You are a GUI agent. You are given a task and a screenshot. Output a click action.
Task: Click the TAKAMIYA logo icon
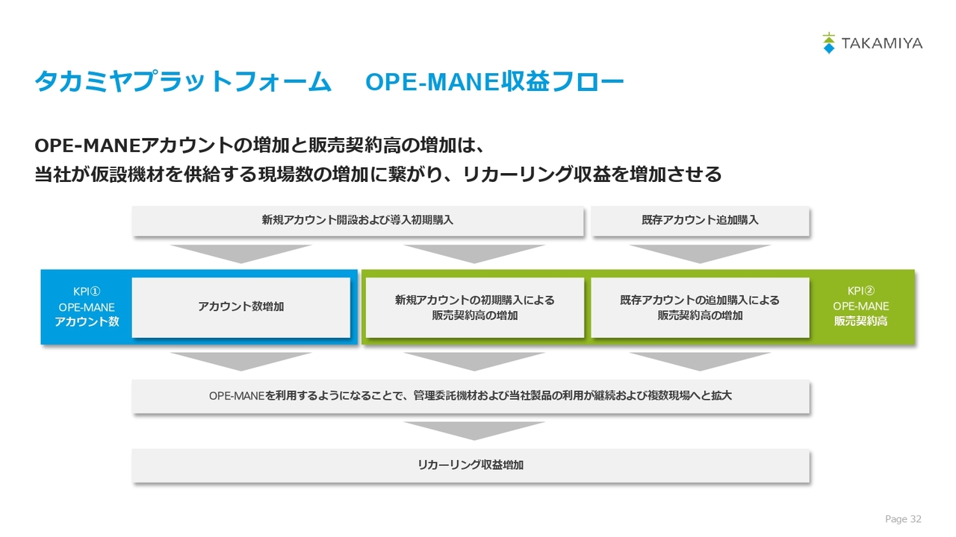tap(828, 43)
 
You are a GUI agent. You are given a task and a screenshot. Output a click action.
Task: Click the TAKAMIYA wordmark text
tap(882, 43)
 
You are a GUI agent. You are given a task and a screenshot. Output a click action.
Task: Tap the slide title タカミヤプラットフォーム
tap(183, 81)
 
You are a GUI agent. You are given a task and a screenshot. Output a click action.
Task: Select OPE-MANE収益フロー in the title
tap(494, 81)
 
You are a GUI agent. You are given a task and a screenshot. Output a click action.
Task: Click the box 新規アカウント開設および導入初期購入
tap(358, 221)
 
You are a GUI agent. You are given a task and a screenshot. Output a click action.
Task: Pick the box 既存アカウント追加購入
tap(700, 221)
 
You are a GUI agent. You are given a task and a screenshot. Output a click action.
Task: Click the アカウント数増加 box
tap(241, 307)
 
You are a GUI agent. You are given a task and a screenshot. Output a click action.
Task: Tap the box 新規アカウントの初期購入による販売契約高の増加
tap(474, 307)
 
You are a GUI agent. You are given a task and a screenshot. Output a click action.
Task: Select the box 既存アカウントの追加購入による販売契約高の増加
tap(700, 307)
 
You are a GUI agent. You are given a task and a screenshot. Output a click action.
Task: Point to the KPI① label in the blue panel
tap(87, 292)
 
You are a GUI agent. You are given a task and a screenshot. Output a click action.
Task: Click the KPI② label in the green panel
tap(861, 291)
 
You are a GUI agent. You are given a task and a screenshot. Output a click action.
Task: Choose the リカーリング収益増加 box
tap(471, 465)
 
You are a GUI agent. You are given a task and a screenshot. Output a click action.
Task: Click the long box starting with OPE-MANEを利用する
tap(471, 396)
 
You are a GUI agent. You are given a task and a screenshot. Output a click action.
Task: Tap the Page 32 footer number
tap(903, 518)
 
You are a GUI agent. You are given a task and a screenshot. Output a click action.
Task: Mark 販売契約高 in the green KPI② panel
tap(861, 321)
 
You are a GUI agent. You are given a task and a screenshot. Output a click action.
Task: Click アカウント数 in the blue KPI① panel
tap(87, 321)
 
